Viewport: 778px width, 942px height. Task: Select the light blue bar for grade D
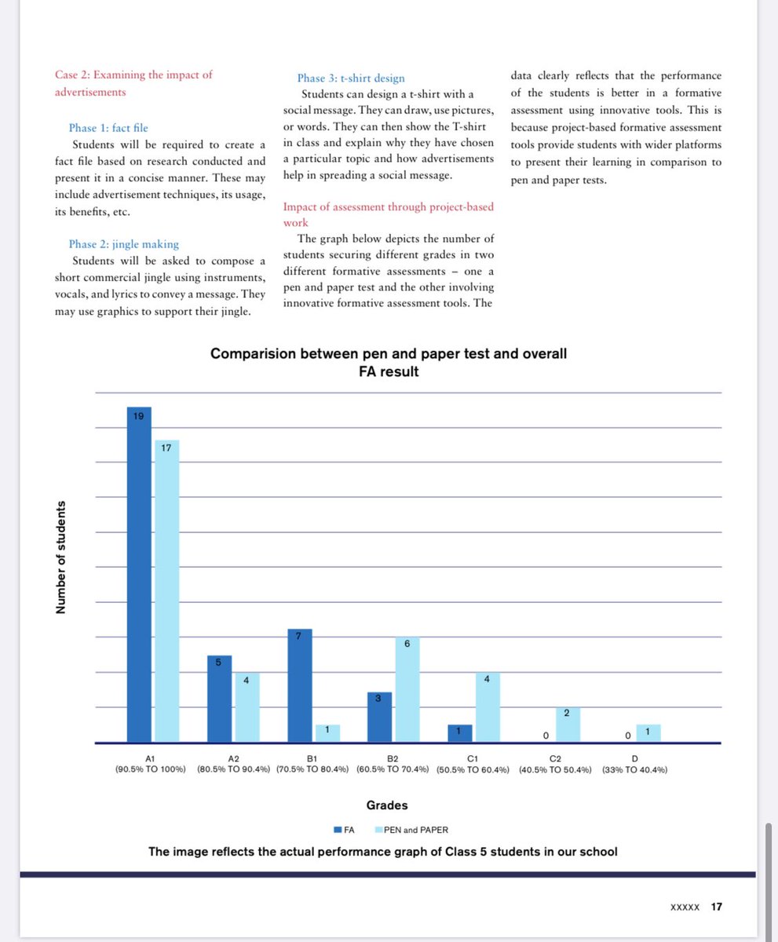click(x=648, y=733)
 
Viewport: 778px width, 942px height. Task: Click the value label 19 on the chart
click(x=139, y=416)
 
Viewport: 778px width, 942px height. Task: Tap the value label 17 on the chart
click(x=166, y=448)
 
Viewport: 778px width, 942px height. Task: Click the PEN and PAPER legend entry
click(x=415, y=829)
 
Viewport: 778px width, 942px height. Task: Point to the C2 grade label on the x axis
click(x=555, y=759)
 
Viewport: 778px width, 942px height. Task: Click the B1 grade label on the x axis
click(x=311, y=759)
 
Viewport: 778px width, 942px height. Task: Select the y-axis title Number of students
click(x=60, y=558)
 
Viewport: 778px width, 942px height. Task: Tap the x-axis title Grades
click(x=387, y=805)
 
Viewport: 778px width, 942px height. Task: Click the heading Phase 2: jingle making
click(x=124, y=244)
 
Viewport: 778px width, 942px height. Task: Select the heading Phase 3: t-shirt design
click(x=351, y=78)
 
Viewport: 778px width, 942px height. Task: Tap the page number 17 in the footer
click(x=716, y=907)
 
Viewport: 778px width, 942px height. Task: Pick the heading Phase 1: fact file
click(x=108, y=127)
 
